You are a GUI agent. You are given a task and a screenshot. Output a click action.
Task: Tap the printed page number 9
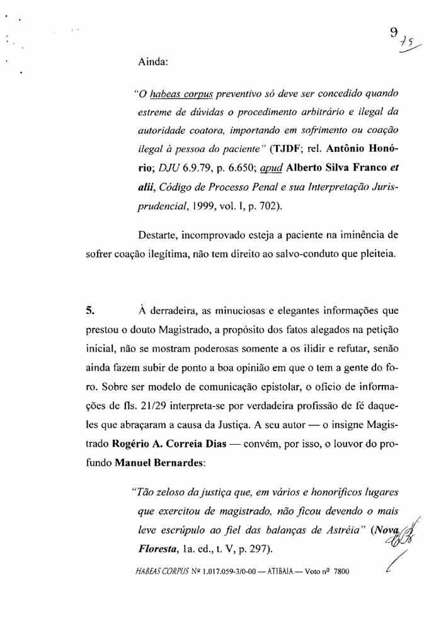click(x=394, y=32)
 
